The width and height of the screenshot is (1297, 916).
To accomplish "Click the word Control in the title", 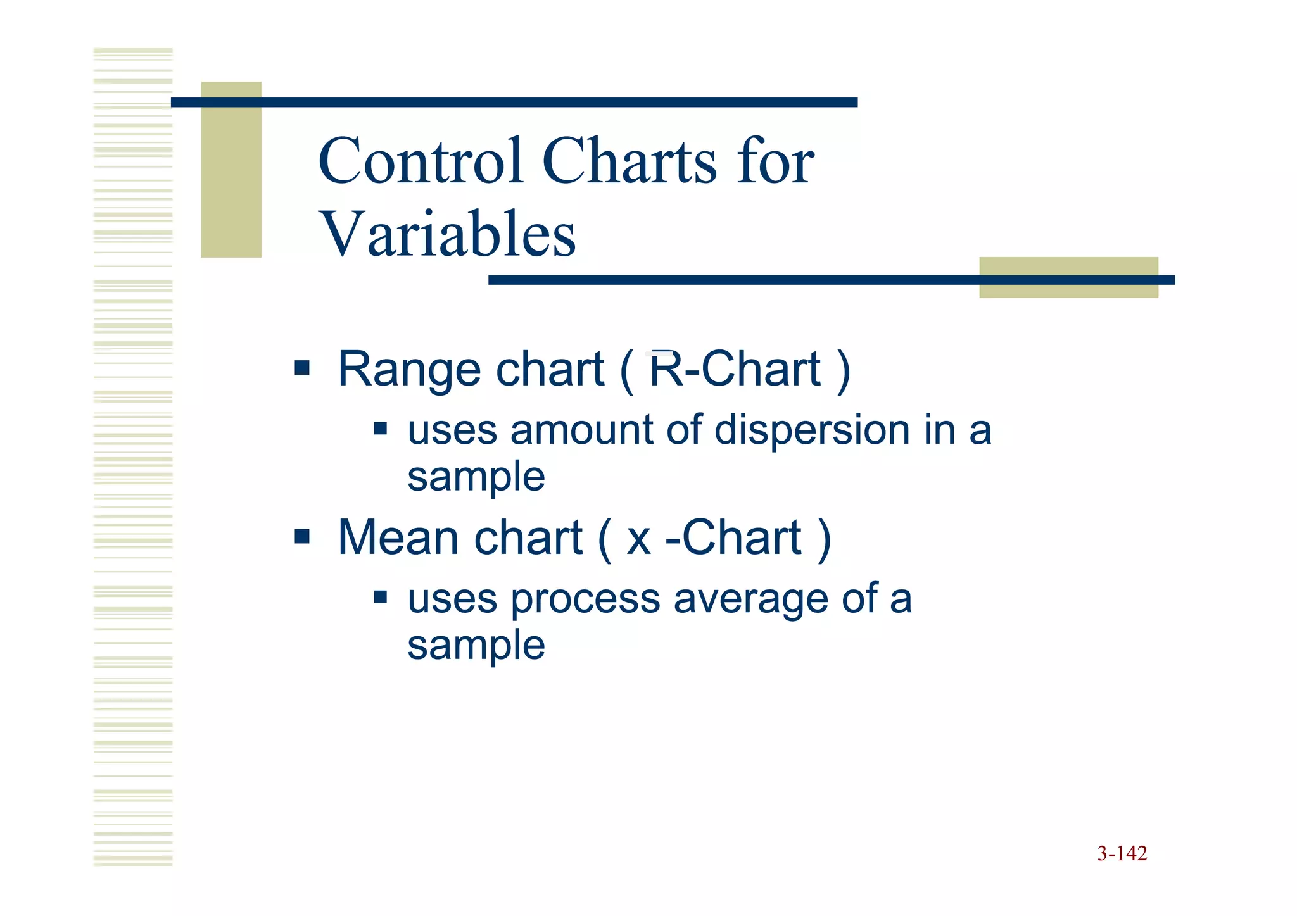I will click(421, 161).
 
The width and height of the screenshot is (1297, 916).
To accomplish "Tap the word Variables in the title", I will click(447, 234).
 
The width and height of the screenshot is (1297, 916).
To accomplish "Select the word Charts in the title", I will click(630, 161).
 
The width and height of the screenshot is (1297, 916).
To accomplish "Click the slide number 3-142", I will click(1122, 853).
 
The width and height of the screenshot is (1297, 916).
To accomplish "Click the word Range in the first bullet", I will click(409, 370).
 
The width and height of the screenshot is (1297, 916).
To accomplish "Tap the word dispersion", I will click(812, 430).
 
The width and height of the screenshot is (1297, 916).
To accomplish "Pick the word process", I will click(585, 600).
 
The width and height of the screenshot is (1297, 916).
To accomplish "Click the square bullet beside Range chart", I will click(302, 368).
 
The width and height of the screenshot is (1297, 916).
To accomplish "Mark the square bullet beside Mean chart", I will click(302, 537).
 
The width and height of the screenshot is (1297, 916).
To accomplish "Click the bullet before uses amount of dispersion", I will click(380, 429).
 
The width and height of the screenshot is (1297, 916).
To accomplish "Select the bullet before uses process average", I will click(380, 597).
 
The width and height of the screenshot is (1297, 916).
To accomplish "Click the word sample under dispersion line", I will click(476, 477).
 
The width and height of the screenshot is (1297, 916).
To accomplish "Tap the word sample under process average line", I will click(476, 645).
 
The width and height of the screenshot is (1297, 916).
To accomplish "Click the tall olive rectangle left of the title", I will click(231, 170).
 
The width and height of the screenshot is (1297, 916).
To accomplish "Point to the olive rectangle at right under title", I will click(1068, 277).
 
